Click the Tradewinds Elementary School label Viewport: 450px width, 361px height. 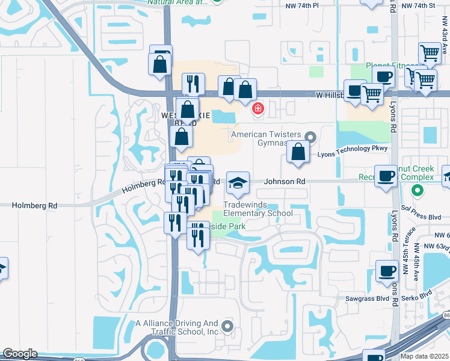coord(258,209)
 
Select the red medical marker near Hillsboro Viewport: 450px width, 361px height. coord(257,109)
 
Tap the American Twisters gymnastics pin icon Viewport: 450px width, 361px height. coord(311,137)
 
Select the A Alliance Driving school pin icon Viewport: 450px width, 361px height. coord(227,327)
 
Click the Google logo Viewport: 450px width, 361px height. coord(20,354)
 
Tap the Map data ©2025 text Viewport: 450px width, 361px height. coord(425,356)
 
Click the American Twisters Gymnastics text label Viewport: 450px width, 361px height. coord(265,139)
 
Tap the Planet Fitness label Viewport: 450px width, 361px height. coord(392,66)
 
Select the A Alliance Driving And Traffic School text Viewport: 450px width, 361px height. coord(177,327)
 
